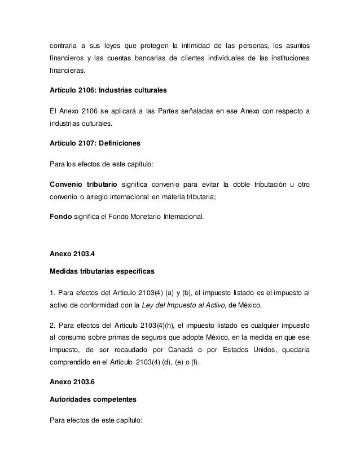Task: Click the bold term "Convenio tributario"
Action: click(84, 185)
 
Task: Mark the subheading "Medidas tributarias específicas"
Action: click(102, 271)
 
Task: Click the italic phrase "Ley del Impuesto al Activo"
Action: click(187, 305)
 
